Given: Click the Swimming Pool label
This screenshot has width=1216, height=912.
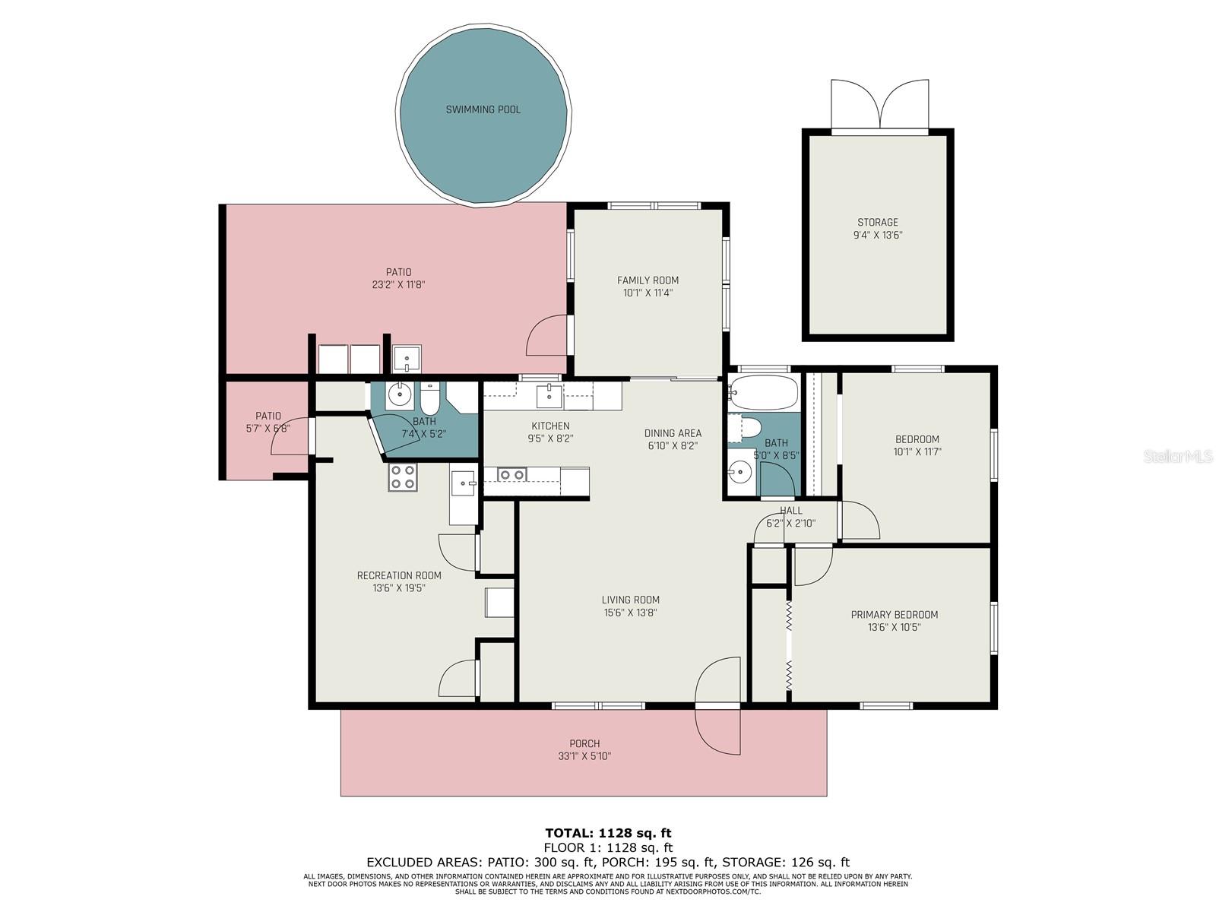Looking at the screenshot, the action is [483, 109].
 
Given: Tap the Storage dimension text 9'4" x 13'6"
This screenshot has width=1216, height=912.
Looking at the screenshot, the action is [878, 236].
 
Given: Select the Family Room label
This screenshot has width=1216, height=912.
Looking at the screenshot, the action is [648, 280].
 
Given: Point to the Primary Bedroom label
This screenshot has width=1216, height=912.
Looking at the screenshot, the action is [894, 615].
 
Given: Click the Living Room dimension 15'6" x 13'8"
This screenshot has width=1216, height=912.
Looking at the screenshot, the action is [631, 613].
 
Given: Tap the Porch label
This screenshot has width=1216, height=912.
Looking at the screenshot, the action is [584, 744].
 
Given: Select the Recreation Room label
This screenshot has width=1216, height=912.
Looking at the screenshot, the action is [399, 575].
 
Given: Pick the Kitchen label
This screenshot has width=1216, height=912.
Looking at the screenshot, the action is [550, 426].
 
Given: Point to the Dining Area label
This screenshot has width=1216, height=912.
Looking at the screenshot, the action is [673, 433].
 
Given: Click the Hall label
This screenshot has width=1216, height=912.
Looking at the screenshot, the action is [790, 511].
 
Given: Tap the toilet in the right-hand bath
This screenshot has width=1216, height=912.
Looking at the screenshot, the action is [750, 428].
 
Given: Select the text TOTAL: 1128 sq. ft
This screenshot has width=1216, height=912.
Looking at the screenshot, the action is [608, 833].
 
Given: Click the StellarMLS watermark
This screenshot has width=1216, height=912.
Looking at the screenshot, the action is [1178, 456].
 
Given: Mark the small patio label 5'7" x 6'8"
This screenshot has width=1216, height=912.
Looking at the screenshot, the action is [268, 428].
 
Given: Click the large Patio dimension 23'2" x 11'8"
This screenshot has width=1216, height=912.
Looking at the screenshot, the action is [398, 285].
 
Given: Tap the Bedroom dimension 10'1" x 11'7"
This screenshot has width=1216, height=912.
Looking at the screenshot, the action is [917, 452].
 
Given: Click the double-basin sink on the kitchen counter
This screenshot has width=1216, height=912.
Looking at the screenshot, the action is [511, 474].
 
